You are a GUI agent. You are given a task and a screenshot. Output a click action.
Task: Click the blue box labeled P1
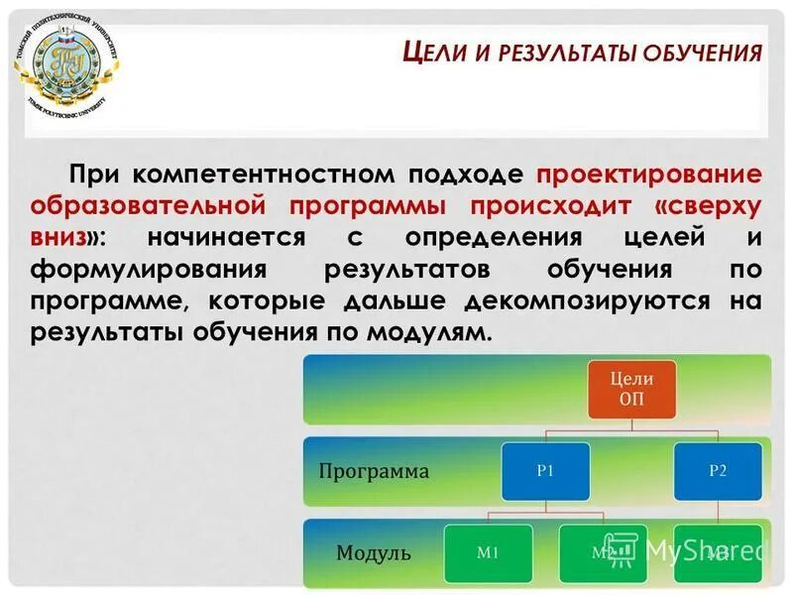click(545, 471)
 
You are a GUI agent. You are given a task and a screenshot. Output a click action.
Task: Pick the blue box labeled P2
click(719, 471)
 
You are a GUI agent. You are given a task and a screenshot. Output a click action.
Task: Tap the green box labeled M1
click(489, 552)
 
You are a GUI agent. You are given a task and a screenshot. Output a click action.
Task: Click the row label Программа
click(374, 471)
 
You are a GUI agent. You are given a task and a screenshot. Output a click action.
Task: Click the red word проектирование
click(649, 174)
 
